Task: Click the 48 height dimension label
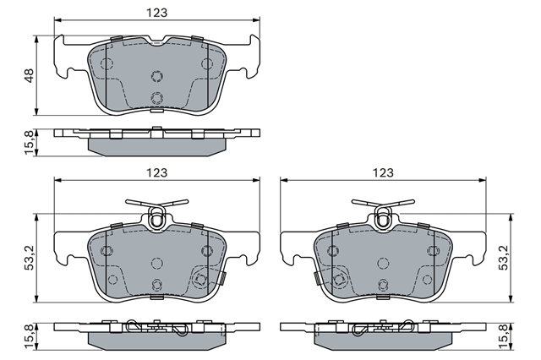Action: [30, 75]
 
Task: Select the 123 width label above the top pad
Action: [157, 13]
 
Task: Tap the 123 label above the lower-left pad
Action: [157, 172]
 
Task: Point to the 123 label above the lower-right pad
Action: [383, 172]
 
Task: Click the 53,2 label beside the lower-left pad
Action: [30, 258]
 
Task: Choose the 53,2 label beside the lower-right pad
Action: [504, 258]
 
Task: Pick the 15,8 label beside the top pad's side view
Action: [30, 143]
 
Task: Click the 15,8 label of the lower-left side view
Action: [30, 336]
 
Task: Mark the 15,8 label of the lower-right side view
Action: [504, 336]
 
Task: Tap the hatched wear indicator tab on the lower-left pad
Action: [223, 277]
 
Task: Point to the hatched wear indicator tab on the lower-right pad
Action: [316, 277]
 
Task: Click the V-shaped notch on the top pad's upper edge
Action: [157, 41]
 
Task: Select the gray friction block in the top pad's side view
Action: [157, 147]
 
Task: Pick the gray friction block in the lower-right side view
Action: [383, 341]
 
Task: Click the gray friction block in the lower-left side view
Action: [157, 341]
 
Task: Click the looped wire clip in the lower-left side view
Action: [157, 327]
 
